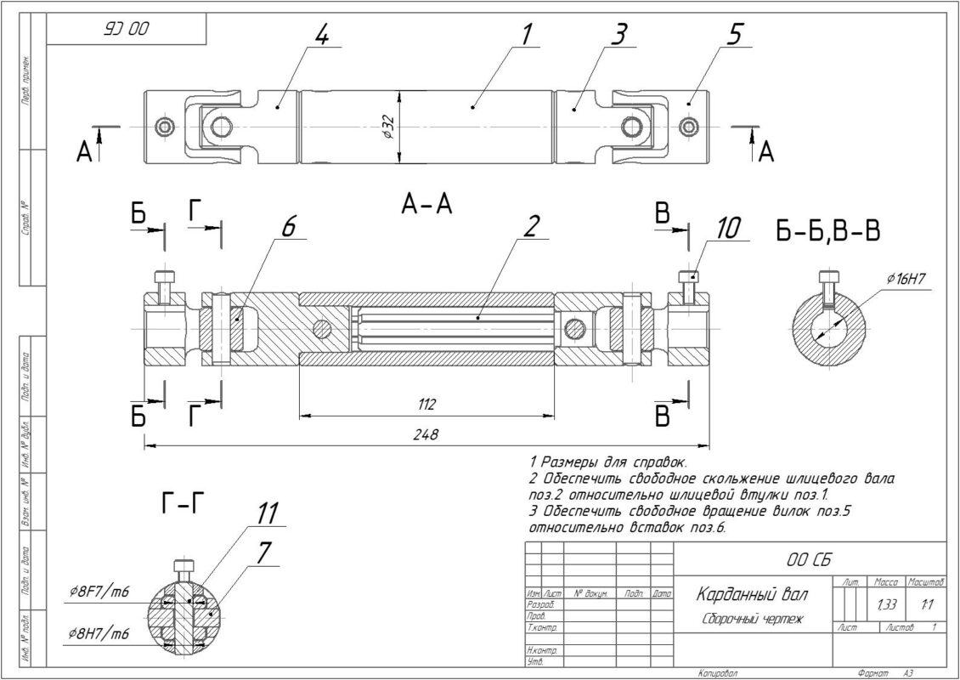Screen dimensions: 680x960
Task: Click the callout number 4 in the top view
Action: click(321, 35)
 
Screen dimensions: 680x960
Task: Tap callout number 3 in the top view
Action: click(620, 35)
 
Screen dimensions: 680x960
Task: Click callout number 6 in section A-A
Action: click(288, 225)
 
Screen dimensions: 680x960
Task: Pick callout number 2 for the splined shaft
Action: click(532, 226)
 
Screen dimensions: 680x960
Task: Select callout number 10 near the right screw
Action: click(728, 227)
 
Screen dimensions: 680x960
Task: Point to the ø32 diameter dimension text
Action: click(387, 127)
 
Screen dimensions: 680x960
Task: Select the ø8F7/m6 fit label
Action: click(100, 592)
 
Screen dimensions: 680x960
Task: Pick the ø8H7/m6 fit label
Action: click(100, 634)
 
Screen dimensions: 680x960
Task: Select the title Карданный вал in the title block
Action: click(753, 592)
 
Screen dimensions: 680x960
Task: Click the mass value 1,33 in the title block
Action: click(886, 603)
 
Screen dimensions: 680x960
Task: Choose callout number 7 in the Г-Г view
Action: click(264, 552)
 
